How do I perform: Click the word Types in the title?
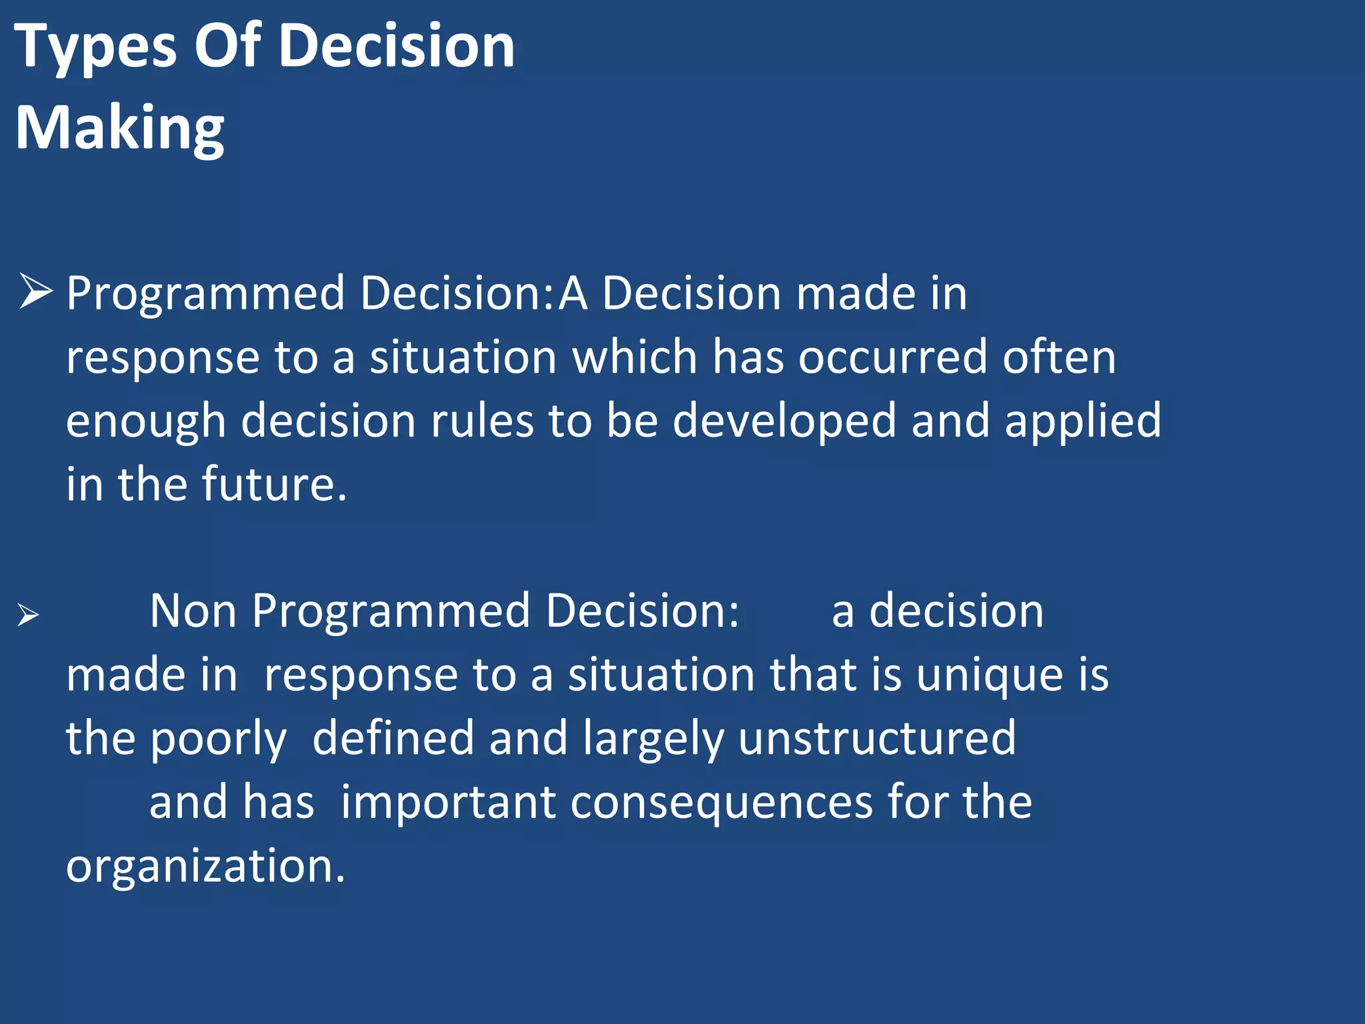(95, 47)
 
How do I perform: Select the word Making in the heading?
(120, 128)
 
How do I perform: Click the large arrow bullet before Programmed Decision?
(35, 291)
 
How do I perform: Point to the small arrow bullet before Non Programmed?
(29, 615)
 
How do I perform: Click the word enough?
(146, 421)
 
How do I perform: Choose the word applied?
(1082, 421)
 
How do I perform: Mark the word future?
(274, 484)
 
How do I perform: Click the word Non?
(193, 611)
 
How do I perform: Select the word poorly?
(219, 739)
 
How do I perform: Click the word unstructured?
(877, 738)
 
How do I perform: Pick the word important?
(448, 802)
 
